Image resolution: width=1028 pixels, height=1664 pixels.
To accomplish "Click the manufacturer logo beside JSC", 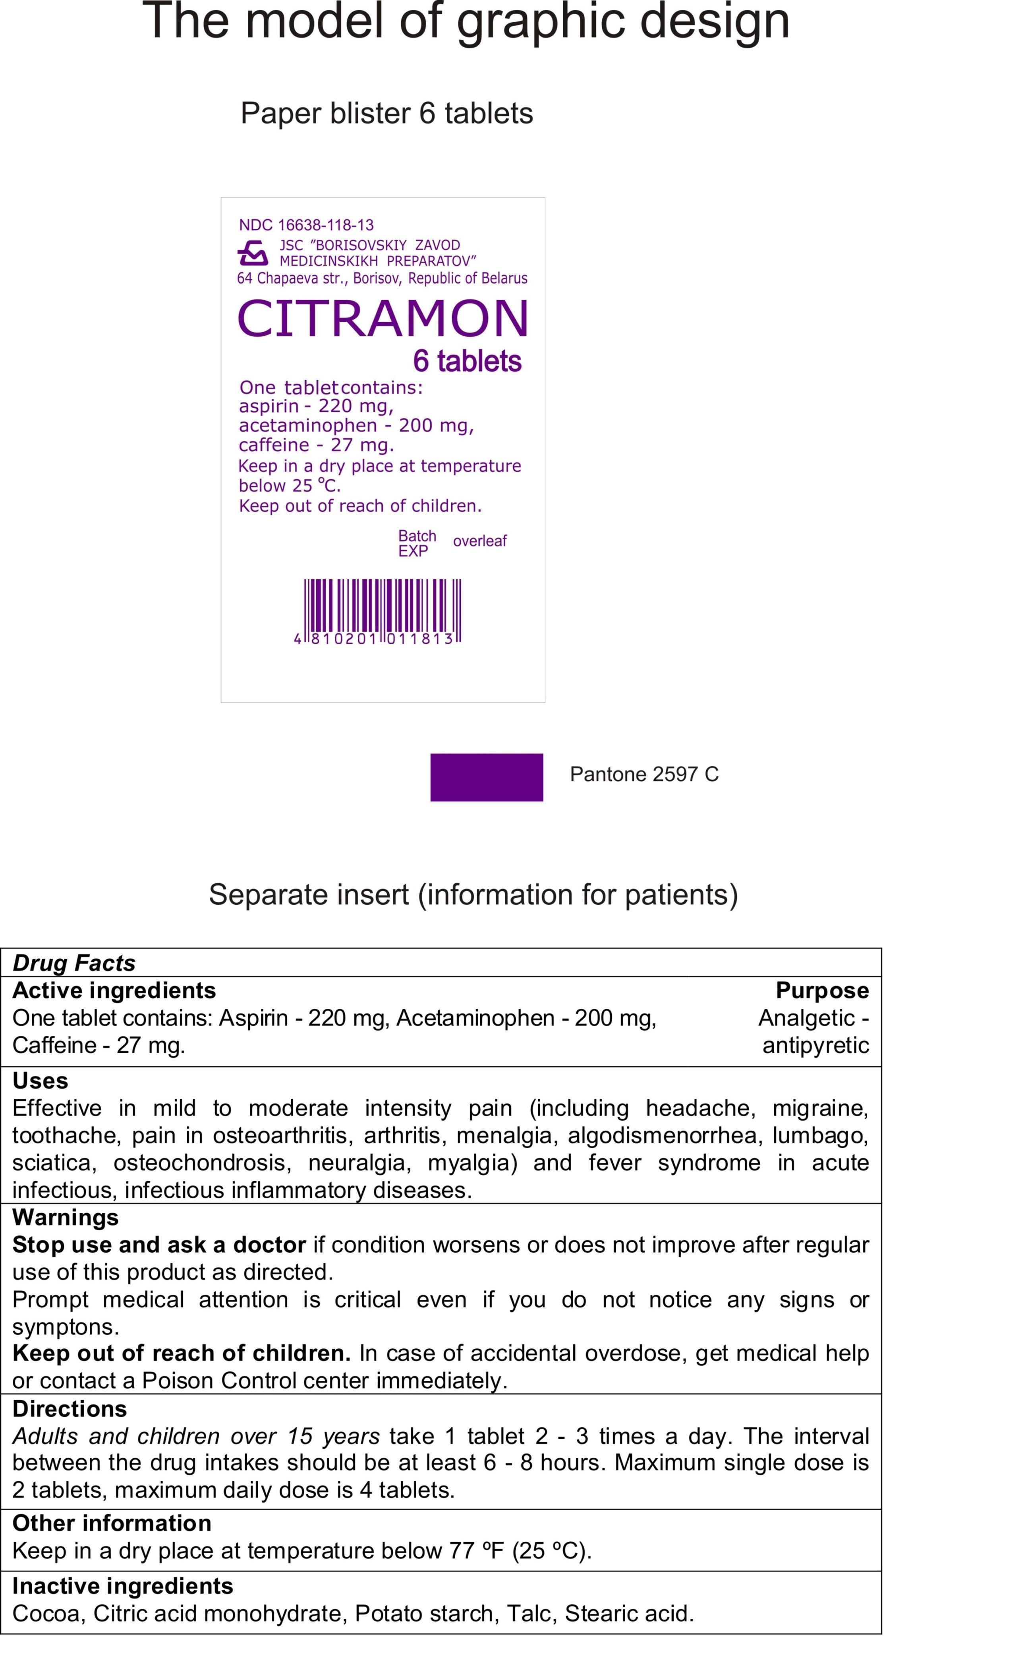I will [252, 253].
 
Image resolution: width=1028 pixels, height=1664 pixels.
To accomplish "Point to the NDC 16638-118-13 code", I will [306, 225].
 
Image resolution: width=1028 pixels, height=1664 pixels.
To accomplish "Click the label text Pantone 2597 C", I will [644, 774].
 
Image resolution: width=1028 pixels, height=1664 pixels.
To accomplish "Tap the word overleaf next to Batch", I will [479, 541].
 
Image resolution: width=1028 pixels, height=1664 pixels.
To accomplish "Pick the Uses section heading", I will [40, 1081].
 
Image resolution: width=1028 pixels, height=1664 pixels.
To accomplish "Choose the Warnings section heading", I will [65, 1217].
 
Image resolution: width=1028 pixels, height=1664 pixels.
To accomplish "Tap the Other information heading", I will [112, 1523].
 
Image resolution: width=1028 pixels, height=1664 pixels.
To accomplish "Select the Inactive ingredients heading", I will [122, 1586].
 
